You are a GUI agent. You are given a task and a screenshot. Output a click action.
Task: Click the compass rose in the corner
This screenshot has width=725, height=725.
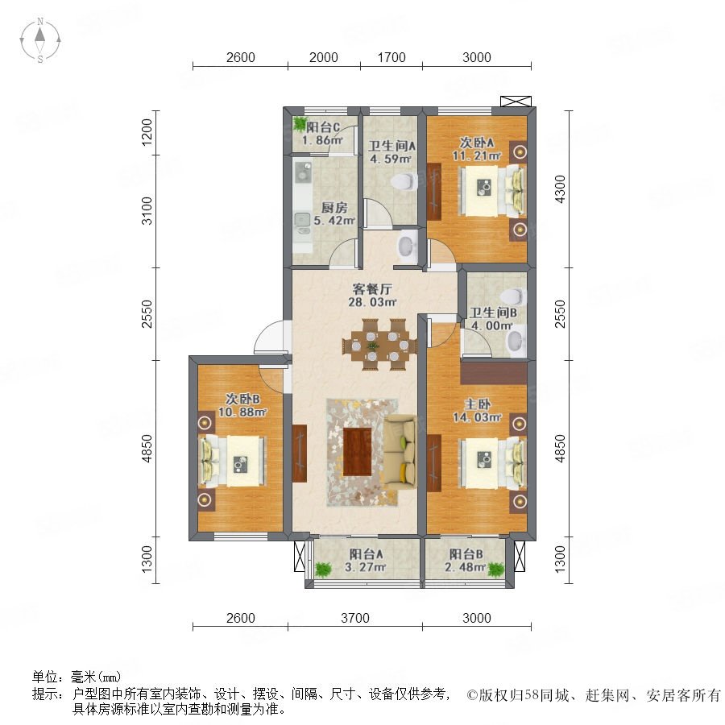click(40, 40)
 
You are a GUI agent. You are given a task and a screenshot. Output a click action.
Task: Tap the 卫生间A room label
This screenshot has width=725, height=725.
click(391, 146)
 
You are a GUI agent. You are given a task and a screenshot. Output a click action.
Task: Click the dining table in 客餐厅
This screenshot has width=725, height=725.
click(379, 345)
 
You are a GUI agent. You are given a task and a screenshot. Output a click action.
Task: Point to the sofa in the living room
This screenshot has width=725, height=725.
click(400, 451)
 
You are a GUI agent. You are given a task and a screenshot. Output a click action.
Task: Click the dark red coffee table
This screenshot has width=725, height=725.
click(358, 451)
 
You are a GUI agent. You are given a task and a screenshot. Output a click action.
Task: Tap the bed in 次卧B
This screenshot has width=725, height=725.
click(233, 461)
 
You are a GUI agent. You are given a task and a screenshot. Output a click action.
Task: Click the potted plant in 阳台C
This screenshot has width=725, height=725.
click(300, 123)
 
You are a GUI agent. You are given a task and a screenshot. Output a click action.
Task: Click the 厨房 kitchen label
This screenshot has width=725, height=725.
click(334, 208)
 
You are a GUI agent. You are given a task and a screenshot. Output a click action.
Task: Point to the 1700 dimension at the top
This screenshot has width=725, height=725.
click(391, 57)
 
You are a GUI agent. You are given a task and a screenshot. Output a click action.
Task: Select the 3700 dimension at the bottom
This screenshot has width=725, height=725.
click(355, 618)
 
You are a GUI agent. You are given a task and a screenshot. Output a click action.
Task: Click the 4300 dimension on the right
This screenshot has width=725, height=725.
click(560, 189)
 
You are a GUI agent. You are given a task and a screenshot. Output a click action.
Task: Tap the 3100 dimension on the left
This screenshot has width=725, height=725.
click(147, 211)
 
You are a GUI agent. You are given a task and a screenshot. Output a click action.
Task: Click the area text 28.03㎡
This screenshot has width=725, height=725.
click(372, 302)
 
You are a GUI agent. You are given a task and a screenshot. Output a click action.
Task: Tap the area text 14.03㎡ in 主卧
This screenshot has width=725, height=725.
click(477, 417)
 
